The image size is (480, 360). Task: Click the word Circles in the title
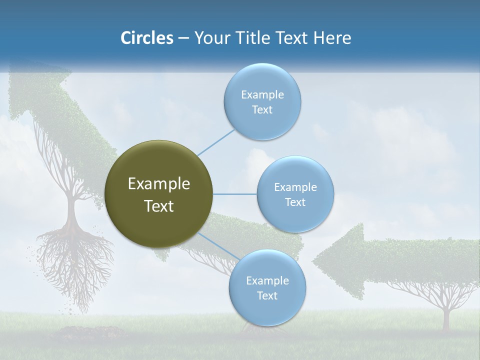[x=146, y=38]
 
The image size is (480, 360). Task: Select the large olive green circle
[x=158, y=194]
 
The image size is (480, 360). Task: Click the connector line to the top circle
[x=216, y=142]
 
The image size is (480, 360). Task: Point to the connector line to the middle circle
[x=234, y=194]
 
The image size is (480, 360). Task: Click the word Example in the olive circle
[x=158, y=183]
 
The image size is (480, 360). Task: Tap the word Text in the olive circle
[x=158, y=206]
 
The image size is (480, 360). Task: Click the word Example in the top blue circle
[x=262, y=94]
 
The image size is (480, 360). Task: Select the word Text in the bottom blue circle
[x=267, y=295]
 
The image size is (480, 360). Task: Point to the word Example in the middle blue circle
[x=295, y=187]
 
